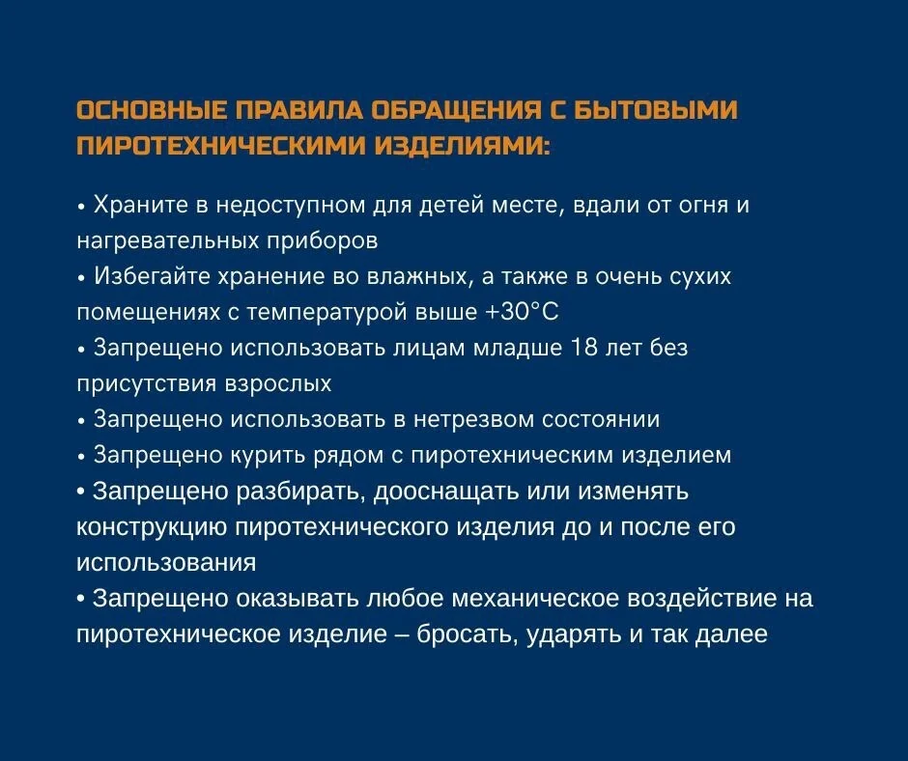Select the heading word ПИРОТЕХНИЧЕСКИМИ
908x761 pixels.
click(220, 146)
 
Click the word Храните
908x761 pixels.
click(141, 205)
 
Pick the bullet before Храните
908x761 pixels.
click(82, 207)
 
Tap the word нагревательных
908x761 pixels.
click(168, 240)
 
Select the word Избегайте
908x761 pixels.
click(153, 276)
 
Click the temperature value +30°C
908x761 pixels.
click(522, 312)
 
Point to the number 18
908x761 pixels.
click(583, 348)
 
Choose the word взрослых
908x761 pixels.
click(278, 384)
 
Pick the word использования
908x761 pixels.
click(166, 563)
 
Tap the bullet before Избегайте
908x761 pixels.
click(82, 278)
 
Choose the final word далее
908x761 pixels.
click(731, 634)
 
